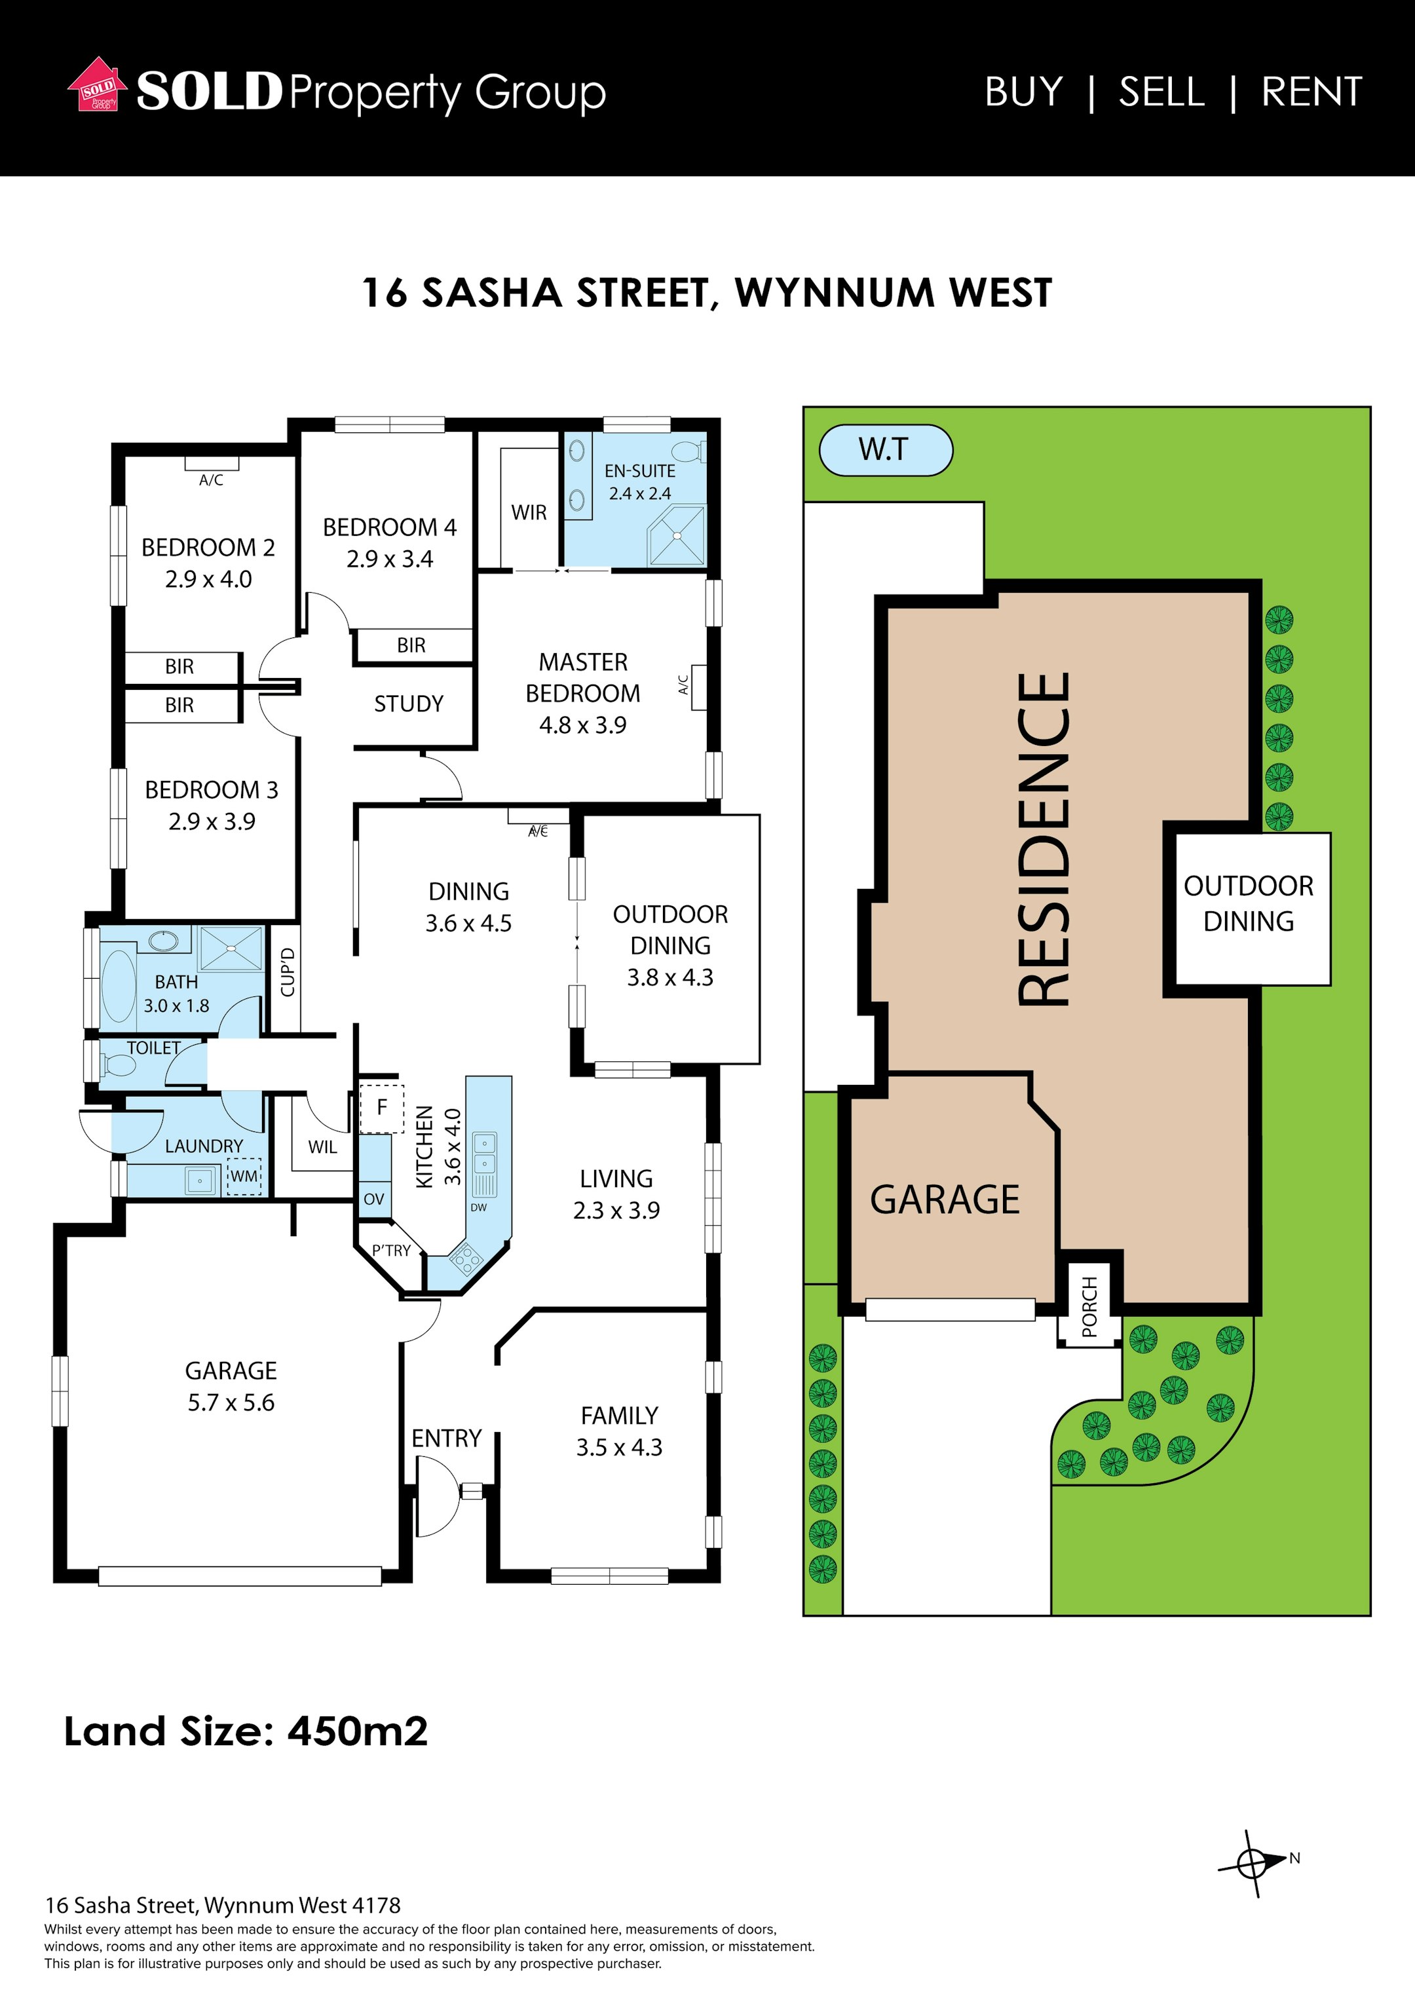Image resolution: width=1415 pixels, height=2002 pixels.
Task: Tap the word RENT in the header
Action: coord(1311,92)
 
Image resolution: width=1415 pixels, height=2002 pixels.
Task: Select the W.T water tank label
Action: coord(885,450)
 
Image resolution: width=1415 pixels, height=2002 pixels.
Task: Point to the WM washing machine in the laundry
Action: coord(244,1177)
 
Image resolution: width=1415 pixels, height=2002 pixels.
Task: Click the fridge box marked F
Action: coord(381,1108)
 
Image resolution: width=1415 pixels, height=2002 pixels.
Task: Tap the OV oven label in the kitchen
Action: coord(374,1199)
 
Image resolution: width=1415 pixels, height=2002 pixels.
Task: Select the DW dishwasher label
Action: coord(479,1207)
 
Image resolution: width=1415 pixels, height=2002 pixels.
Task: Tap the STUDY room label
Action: coord(409,704)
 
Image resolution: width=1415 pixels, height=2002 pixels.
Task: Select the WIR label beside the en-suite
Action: coord(529,513)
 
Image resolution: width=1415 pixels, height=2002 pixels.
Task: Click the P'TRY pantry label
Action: coord(392,1251)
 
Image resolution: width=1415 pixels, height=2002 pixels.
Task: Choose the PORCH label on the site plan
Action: coord(1090,1307)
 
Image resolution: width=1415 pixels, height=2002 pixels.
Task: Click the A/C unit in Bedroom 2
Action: coord(211,464)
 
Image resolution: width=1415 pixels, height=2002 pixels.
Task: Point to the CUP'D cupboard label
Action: coord(288,972)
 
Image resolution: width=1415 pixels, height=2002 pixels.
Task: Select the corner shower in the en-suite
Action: coord(677,535)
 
